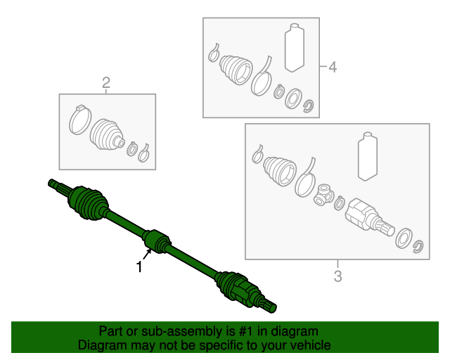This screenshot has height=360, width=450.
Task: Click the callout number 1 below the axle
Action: (139, 267)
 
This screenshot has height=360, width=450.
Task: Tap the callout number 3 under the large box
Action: (337, 276)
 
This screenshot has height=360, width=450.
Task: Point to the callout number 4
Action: (333, 67)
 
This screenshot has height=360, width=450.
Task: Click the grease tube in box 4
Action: (294, 48)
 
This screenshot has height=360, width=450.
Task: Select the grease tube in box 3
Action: (368, 156)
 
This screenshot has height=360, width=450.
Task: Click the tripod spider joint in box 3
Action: (323, 195)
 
